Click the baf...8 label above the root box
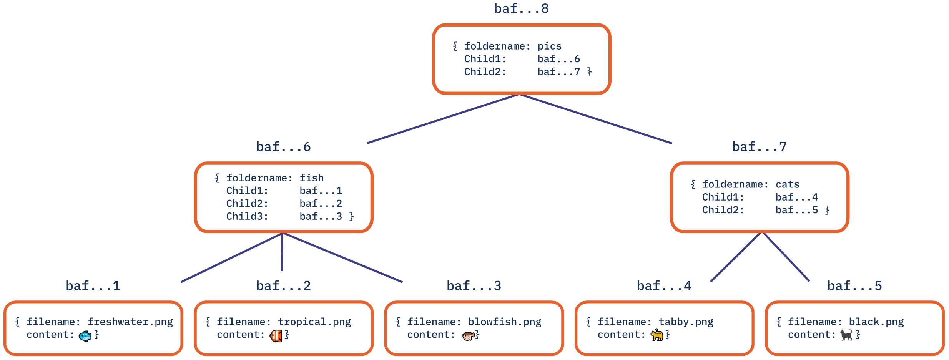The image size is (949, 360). click(x=521, y=8)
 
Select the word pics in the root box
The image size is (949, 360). click(x=549, y=46)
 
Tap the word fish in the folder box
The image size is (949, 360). click(x=311, y=178)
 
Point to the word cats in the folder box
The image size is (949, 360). click(x=787, y=184)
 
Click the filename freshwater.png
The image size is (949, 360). click(x=130, y=322)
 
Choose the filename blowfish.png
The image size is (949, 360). click(x=505, y=322)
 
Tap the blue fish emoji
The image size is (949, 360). click(x=85, y=336)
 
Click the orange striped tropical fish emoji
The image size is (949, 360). click(x=276, y=336)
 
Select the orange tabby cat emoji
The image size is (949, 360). click(x=657, y=335)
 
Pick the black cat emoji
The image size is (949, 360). click(x=846, y=335)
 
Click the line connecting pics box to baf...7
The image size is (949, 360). click(x=596, y=119)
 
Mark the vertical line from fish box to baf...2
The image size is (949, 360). click(x=282, y=252)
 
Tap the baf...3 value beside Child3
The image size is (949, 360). click(x=321, y=216)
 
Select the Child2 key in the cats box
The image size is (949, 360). click(x=723, y=210)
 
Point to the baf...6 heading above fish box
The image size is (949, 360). click(x=283, y=147)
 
